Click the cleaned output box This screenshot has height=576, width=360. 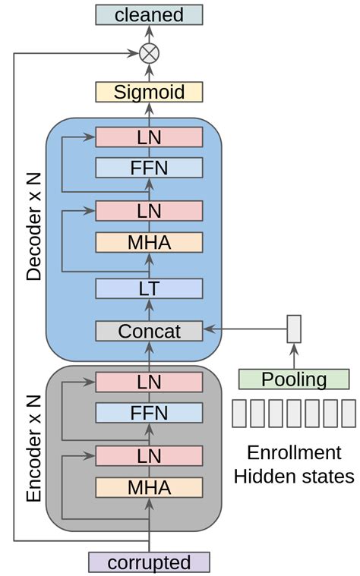[149, 14]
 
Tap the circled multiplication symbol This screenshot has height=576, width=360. [149, 53]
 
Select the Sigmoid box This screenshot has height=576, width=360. [149, 93]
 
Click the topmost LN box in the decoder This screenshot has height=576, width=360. [149, 137]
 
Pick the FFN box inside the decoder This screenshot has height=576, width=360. [149, 167]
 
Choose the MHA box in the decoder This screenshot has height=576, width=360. [149, 242]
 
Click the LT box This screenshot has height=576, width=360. [149, 288]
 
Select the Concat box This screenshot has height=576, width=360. [149, 331]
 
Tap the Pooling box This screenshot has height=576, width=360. [294, 379]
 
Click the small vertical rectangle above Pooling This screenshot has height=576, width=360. [294, 329]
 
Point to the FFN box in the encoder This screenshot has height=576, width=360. [149, 412]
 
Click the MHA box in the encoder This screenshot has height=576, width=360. [149, 486]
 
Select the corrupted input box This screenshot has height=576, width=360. [149, 562]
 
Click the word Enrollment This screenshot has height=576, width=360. [294, 453]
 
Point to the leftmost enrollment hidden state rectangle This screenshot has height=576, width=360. [239, 414]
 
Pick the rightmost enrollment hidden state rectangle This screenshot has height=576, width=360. [349, 414]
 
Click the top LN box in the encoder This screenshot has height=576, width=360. [149, 382]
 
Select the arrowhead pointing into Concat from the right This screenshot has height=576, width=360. [208, 329]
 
